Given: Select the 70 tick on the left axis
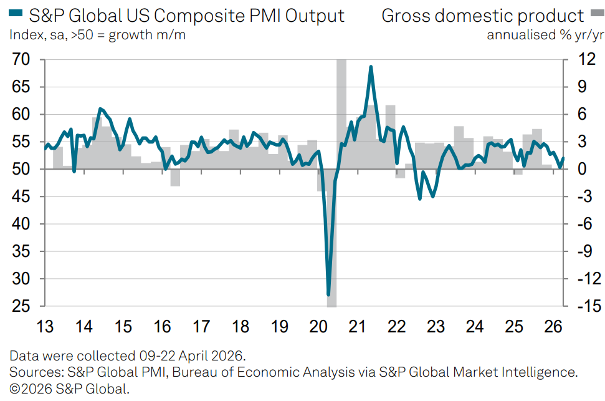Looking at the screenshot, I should click(x=22, y=60).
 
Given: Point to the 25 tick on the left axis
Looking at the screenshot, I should click(x=22, y=307).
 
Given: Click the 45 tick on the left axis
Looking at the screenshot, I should click(x=22, y=197).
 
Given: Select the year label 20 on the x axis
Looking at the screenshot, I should click(x=318, y=327).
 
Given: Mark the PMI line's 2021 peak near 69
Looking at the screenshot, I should click(x=371, y=67).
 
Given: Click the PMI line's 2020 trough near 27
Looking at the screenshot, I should click(x=328, y=294).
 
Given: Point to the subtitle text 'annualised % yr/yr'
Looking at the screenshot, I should click(x=545, y=35).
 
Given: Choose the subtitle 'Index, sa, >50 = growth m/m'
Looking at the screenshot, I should click(x=97, y=35).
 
